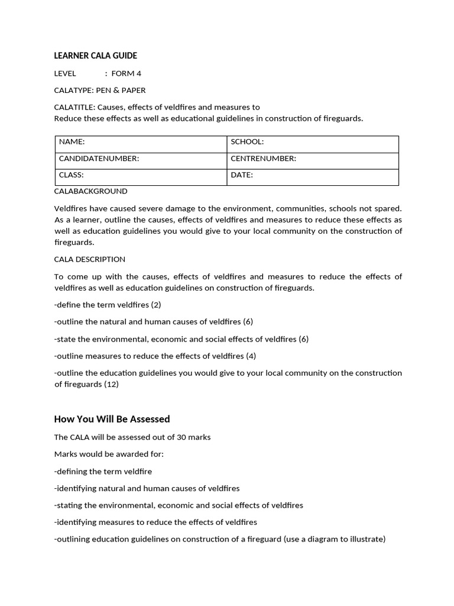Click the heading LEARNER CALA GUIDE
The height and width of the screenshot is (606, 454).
click(x=95, y=56)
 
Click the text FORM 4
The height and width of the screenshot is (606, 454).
click(x=127, y=73)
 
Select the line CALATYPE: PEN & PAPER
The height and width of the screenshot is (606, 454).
click(x=100, y=91)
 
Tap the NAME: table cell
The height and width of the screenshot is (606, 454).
click(x=141, y=142)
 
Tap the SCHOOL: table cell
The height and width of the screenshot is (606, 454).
click(x=313, y=142)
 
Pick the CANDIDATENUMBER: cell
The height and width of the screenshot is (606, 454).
click(x=141, y=159)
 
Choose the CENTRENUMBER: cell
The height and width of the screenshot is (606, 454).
click(x=313, y=159)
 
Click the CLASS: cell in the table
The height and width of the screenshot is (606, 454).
click(x=141, y=175)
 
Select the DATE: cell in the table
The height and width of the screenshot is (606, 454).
click(x=313, y=175)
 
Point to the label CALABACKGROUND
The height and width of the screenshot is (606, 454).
click(x=90, y=191)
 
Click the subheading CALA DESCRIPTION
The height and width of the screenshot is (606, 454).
click(x=90, y=259)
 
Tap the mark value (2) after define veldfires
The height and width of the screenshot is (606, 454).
click(x=156, y=305)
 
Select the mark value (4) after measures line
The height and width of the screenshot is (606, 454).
click(x=251, y=356)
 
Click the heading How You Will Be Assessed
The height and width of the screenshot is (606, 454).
click(x=112, y=419)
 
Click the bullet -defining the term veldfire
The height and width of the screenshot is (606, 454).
click(x=103, y=472)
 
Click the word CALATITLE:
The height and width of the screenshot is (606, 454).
click(x=74, y=107)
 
